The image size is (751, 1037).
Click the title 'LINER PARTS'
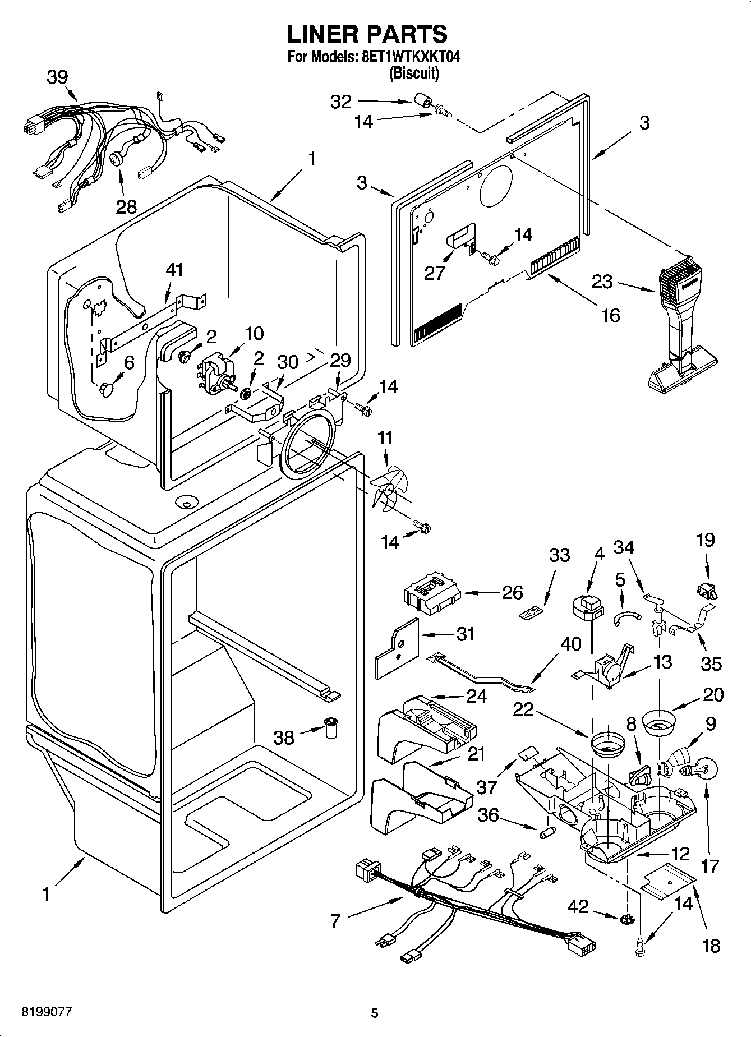click(367, 34)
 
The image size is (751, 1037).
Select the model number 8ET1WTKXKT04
click(408, 57)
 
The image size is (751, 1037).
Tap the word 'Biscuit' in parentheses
click(414, 73)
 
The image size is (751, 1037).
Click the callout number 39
click(58, 77)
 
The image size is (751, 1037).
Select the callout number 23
click(602, 281)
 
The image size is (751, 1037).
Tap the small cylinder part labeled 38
click(331, 727)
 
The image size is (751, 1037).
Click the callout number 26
click(513, 592)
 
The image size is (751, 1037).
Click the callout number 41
click(174, 271)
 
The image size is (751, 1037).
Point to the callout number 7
click(335, 921)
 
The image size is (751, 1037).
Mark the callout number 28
click(126, 207)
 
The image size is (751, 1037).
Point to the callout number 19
click(706, 541)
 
